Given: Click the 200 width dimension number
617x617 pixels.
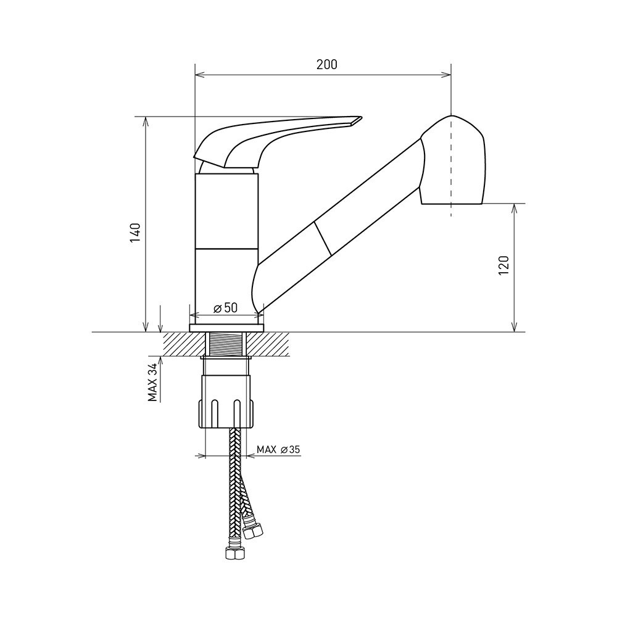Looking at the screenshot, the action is pyautogui.click(x=326, y=64).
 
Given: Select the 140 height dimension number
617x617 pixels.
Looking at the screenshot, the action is pyautogui.click(x=135, y=233).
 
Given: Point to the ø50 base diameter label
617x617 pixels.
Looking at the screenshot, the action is pyautogui.click(x=226, y=308).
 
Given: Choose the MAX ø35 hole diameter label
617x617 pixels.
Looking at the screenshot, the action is pyautogui.click(x=278, y=449).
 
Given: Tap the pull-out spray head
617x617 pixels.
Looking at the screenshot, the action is pyautogui.click(x=452, y=160).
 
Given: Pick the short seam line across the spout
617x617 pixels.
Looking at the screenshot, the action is pyautogui.click(x=323, y=238).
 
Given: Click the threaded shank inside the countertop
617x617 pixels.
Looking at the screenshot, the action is pyautogui.click(x=226, y=344).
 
